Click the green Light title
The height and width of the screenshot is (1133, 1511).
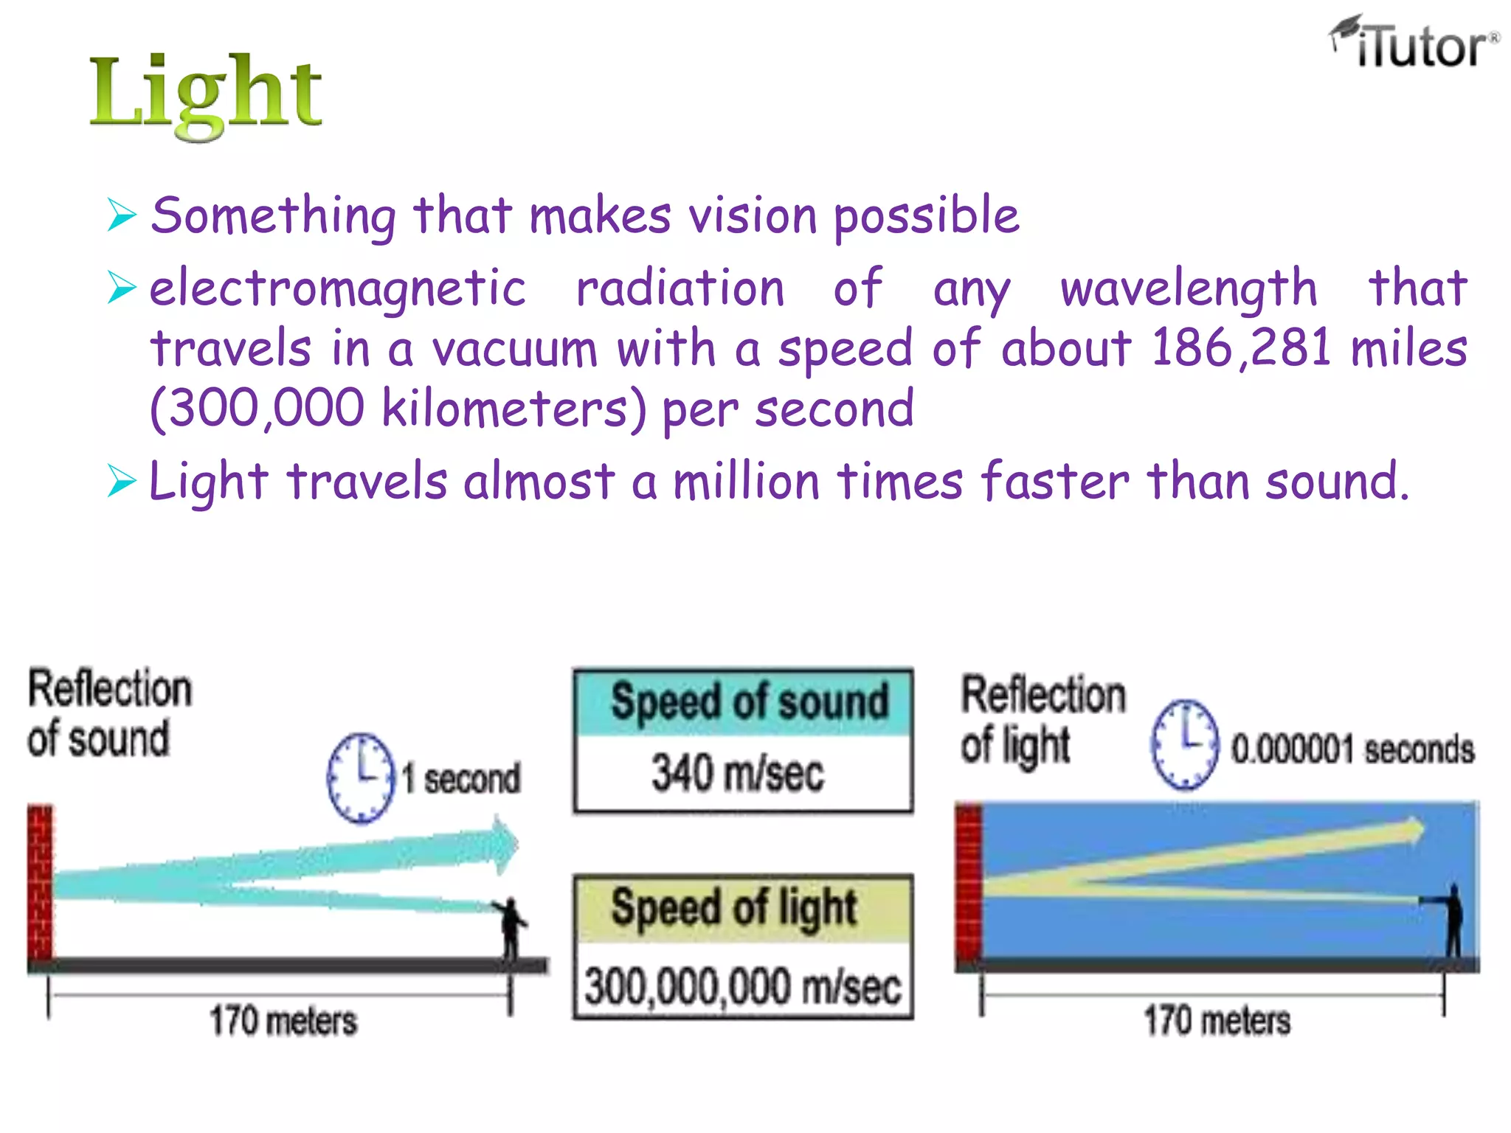click(205, 94)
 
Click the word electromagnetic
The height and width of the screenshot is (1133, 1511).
click(338, 288)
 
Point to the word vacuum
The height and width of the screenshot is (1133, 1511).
click(514, 349)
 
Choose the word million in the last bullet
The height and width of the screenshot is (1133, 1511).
click(746, 482)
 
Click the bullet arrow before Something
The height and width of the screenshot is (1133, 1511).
click(122, 215)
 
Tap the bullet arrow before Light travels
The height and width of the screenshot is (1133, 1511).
click(122, 482)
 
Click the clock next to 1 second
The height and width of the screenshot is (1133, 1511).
click(361, 777)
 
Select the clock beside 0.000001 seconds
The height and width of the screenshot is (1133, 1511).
click(1184, 745)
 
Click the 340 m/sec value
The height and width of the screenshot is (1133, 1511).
click(738, 774)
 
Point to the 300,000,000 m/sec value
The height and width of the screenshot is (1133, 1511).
click(743, 986)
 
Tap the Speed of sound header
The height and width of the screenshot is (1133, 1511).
click(749, 701)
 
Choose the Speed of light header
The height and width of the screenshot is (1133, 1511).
click(734, 908)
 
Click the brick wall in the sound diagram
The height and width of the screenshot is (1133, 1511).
click(41, 881)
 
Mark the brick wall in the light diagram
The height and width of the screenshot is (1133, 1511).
click(969, 881)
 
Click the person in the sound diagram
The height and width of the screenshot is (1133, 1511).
click(511, 926)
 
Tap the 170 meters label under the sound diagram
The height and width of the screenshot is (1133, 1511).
click(283, 1022)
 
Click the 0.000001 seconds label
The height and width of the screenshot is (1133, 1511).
click(1352, 749)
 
